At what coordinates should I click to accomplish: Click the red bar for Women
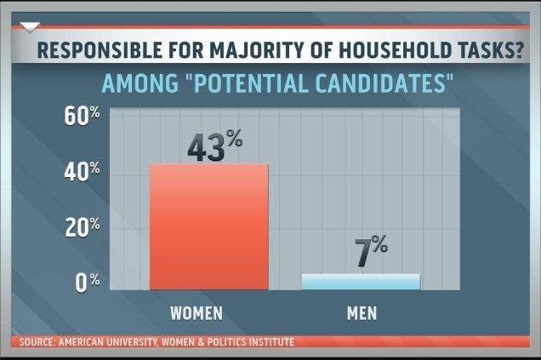(209, 226)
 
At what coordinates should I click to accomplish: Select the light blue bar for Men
(361, 282)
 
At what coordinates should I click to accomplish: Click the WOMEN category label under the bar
(196, 312)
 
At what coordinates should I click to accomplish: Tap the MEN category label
(362, 312)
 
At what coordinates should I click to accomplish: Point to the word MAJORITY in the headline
(245, 52)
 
